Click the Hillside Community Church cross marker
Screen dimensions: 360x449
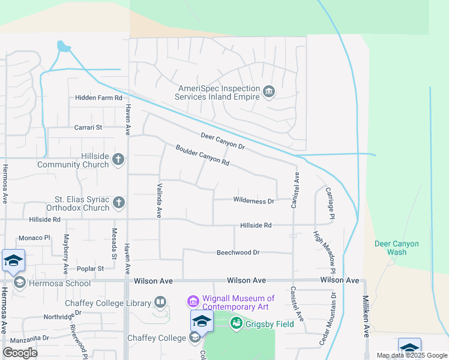(x=119, y=159)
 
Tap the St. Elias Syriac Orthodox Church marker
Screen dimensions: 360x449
(x=119, y=203)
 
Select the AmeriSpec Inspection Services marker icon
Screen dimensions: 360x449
(x=269, y=91)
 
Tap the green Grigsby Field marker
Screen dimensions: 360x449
(x=237, y=324)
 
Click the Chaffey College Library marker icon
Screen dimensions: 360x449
(x=160, y=302)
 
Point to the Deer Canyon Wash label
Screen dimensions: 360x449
(x=397, y=248)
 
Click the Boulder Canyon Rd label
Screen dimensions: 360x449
(x=202, y=155)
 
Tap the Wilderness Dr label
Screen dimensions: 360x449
(x=253, y=201)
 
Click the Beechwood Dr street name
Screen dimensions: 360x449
(x=238, y=253)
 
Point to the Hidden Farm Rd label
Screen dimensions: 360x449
(x=98, y=98)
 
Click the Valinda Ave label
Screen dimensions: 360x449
(x=159, y=200)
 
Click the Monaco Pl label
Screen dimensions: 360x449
(x=34, y=238)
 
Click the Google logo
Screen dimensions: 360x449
(x=20, y=353)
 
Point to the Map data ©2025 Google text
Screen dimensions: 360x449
(x=411, y=355)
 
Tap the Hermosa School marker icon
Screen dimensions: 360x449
(x=19, y=282)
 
